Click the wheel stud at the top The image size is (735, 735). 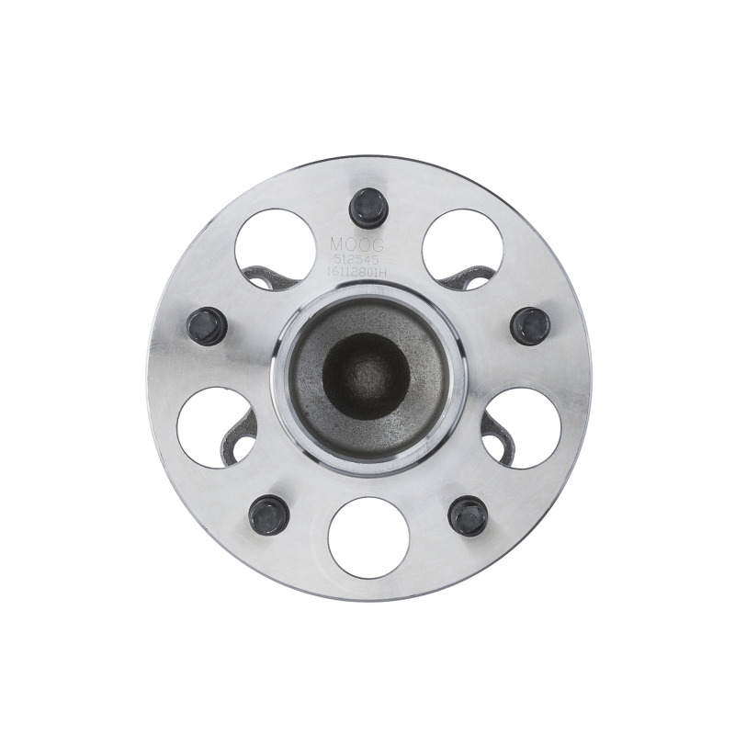[x=368, y=208]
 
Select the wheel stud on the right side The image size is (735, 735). [x=530, y=325]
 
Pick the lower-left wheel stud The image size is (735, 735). [x=268, y=514]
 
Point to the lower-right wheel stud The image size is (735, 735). [x=468, y=514]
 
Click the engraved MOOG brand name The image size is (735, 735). [x=356, y=244]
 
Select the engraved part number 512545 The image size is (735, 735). [x=356, y=259]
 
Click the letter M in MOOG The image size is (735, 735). [x=336, y=244]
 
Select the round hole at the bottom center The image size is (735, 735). [x=367, y=537]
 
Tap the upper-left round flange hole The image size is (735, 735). [x=273, y=246]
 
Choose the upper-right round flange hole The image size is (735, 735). [x=462, y=246]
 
